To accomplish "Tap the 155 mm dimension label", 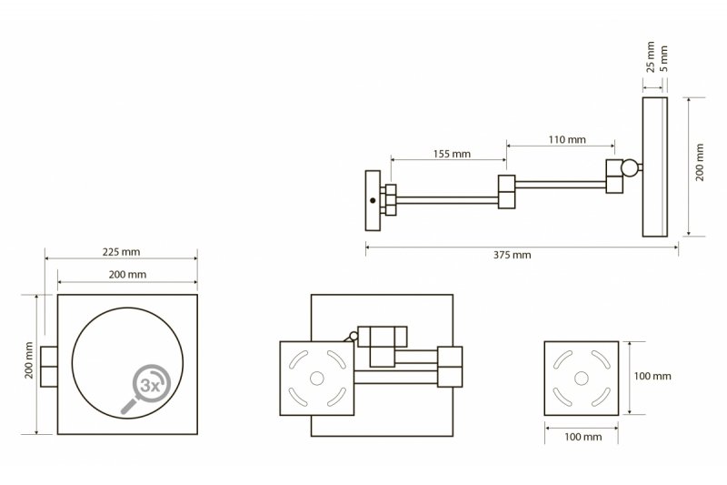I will point(451,155).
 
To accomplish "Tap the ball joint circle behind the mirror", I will point(628,167).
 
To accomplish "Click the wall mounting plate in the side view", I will point(372,200).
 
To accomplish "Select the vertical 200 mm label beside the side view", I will point(701,167).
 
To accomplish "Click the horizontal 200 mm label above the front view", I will point(126,274).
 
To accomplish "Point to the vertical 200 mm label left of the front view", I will point(29,361).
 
